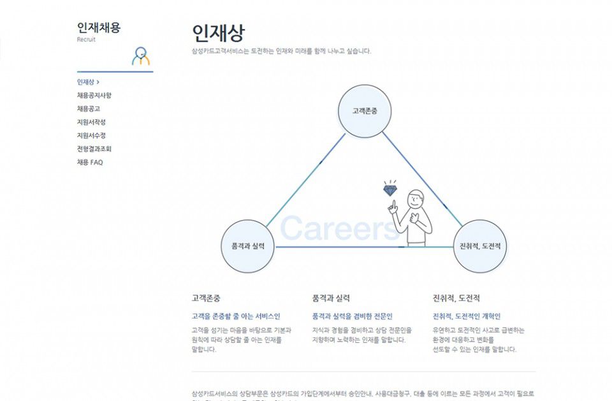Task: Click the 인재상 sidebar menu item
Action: pos(86,82)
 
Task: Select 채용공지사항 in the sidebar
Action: pos(94,96)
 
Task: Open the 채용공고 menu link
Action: pos(89,109)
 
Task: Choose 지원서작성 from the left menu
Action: pos(91,122)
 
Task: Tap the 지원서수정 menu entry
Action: pos(91,136)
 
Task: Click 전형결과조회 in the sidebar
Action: pos(94,149)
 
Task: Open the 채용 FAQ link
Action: pos(90,163)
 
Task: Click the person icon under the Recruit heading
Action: pos(141,56)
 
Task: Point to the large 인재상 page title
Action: pos(218,33)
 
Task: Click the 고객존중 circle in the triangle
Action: pos(364,111)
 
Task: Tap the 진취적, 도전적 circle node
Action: pos(480,246)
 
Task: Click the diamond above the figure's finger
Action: pos(390,189)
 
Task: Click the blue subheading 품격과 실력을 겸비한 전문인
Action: pos(352,316)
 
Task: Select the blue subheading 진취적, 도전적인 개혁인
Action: pos(467,316)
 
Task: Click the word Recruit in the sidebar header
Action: pos(86,40)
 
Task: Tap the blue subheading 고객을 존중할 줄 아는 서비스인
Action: pos(235,316)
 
